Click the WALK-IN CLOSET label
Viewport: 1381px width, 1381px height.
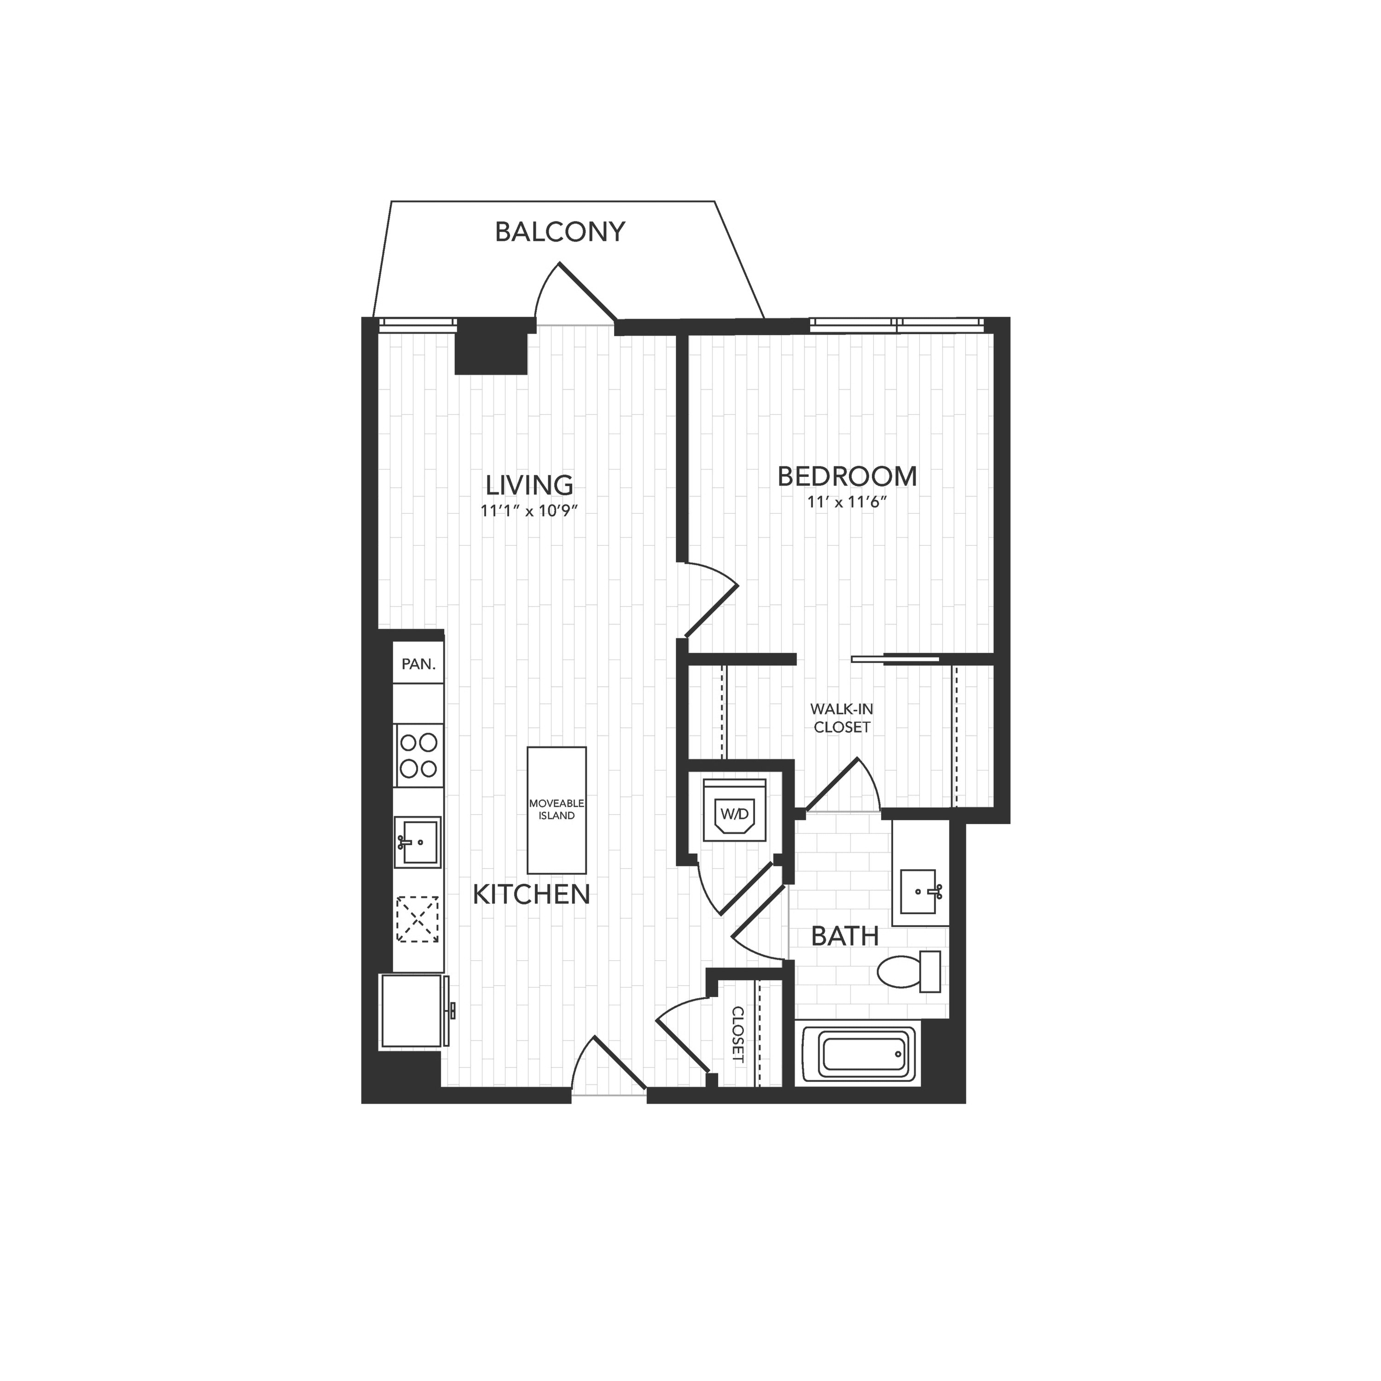pyautogui.click(x=842, y=719)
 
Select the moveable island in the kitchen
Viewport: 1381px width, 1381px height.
pyautogui.click(x=557, y=811)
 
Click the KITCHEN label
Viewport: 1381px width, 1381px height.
pyautogui.click(x=532, y=894)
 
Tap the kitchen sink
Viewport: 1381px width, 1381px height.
pyautogui.click(x=418, y=842)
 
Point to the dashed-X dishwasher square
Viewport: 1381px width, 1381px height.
pyautogui.click(x=418, y=919)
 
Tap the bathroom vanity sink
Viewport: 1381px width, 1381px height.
pyautogui.click(x=920, y=891)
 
